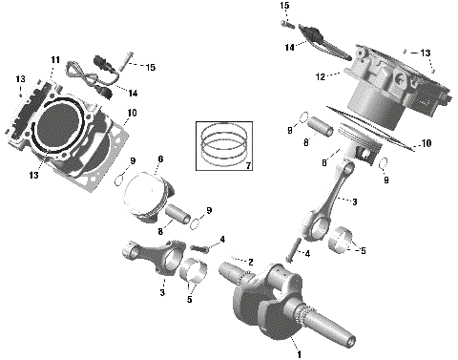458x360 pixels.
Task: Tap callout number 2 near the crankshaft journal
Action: pyautogui.click(x=249, y=261)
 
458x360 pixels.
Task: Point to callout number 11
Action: pyautogui.click(x=55, y=59)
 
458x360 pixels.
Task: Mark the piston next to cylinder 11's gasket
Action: pyautogui.click(x=152, y=196)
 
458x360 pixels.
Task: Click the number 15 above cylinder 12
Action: pyautogui.click(x=284, y=6)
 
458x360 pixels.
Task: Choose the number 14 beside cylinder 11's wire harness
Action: pyautogui.click(x=134, y=93)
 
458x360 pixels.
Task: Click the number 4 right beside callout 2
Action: pyautogui.click(x=221, y=239)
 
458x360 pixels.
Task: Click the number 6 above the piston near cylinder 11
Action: pyautogui.click(x=160, y=159)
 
